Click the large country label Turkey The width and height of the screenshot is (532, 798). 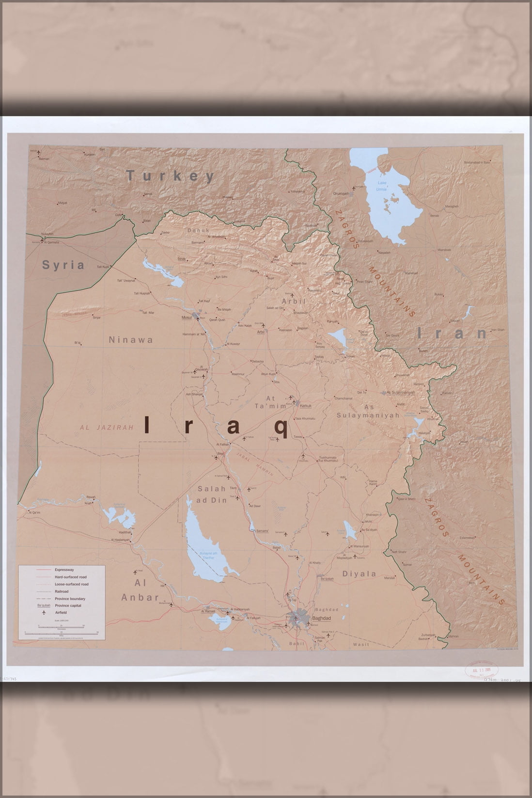point(171,176)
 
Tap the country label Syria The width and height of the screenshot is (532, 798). point(63,265)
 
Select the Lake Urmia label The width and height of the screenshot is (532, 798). point(382,186)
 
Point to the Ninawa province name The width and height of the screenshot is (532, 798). point(131,340)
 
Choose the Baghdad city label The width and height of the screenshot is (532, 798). point(321,619)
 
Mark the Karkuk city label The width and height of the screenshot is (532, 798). point(305,406)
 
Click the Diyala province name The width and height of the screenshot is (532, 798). point(359,574)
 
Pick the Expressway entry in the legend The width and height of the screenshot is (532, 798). point(64,570)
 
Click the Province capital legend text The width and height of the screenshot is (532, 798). point(68,606)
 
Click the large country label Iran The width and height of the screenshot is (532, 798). point(453,333)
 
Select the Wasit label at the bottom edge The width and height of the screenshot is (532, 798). point(361,644)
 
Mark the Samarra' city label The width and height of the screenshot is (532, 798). point(262,530)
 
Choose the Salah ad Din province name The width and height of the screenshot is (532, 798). point(212,495)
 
